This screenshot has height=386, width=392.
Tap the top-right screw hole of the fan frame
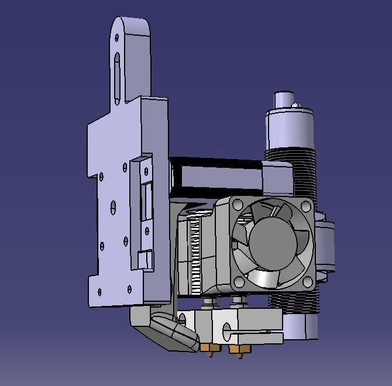tap(305, 205)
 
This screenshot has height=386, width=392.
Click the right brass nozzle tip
tap(237, 351)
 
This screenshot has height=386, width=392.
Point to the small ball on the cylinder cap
tap(295, 106)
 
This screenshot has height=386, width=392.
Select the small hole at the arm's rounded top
tap(117, 38)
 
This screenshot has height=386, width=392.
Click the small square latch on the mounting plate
tap(145, 258)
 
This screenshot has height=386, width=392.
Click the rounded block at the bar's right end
tap(277, 178)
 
